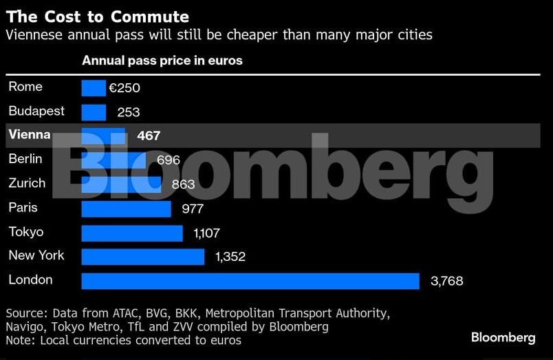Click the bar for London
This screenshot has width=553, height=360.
[x=250, y=281]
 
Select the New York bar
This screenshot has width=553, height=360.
[x=143, y=257]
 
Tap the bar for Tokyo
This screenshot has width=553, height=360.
[x=132, y=233]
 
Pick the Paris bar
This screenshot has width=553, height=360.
[x=126, y=209]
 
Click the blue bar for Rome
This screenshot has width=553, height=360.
[x=94, y=88]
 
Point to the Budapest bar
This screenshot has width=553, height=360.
[x=94, y=112]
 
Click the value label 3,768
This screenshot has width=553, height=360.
[x=446, y=281]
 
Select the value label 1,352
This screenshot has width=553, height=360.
[x=230, y=257]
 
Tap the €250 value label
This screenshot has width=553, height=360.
[x=124, y=88]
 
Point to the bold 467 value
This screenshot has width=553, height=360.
[x=149, y=136]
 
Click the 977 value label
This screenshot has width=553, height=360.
[x=192, y=209]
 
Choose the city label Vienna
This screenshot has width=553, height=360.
[x=30, y=135]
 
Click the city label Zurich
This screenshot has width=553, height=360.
[x=27, y=183]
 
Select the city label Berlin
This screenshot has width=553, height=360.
[x=25, y=159]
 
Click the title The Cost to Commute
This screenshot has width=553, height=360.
[x=97, y=17]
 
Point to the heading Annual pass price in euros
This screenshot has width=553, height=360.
[x=162, y=61]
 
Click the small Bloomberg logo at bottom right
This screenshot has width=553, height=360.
[x=503, y=337]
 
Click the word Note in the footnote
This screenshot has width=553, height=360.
[x=19, y=340]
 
